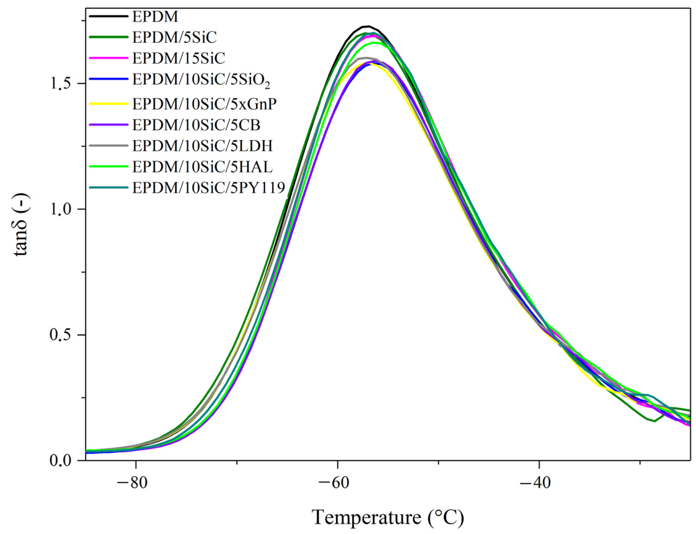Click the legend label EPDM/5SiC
coord(174,37)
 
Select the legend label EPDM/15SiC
coord(178,58)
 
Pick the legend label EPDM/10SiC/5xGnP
coord(204,103)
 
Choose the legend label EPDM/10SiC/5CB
coord(196,125)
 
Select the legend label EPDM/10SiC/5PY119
coord(208,187)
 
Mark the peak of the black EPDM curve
coord(368,26)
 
